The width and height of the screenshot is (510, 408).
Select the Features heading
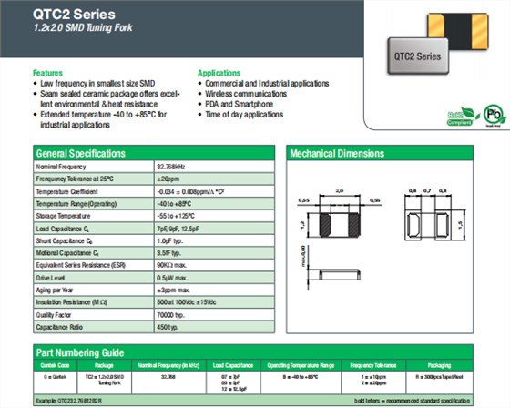coord(47,72)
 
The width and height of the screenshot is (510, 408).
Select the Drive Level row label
coord(52,276)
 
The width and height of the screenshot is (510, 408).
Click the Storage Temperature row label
coord(63,217)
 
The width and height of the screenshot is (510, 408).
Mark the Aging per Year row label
coord(56,289)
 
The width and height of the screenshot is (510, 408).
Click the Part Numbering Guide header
coord(79,351)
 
